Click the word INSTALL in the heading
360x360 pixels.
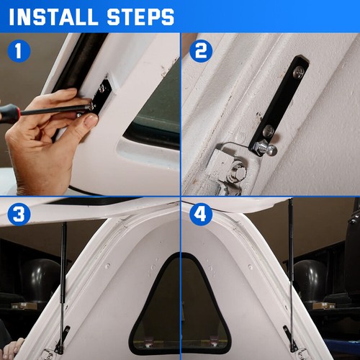(x=53, y=17)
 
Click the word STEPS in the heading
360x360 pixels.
(x=140, y=17)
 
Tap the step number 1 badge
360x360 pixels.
(x=19, y=51)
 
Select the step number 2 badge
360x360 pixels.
(x=201, y=51)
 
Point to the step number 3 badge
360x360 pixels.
(x=19, y=214)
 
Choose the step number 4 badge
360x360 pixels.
(x=201, y=214)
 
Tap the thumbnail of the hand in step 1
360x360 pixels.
(x=91, y=121)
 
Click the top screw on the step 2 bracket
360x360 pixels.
(x=298, y=72)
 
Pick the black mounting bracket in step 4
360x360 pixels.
(x=290, y=338)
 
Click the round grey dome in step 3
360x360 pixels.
(x=41, y=279)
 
